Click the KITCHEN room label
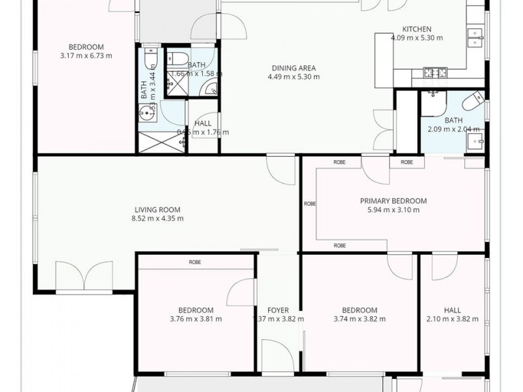point(416,29)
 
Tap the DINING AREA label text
point(294,67)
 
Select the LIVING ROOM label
point(157,210)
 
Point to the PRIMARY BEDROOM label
point(394,201)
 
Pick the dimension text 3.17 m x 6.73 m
point(86,56)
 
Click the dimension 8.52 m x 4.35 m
point(157,218)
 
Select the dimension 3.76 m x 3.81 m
point(195,319)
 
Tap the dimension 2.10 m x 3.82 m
point(452,319)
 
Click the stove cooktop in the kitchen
point(432,72)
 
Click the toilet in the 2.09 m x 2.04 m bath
point(471,103)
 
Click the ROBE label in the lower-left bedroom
point(195,262)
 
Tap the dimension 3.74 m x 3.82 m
point(359,319)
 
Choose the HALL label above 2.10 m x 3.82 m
point(452,310)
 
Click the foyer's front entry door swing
point(281,356)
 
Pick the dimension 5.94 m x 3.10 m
point(394,210)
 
